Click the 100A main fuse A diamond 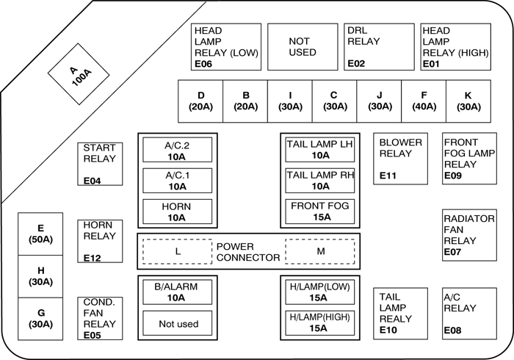[79, 76]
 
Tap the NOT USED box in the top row [302, 47]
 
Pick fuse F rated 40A [424, 101]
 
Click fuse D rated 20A [200, 101]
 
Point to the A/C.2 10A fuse [177, 151]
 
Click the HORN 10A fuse [177, 212]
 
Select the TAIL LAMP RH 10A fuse [320, 181]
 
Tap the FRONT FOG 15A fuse [320, 212]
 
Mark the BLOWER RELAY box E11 [401, 158]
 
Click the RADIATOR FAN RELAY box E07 [468, 235]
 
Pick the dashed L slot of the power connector [177, 251]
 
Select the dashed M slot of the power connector [320, 251]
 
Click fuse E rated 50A [40, 234]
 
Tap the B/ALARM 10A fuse [177, 292]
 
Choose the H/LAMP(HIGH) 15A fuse [320, 323]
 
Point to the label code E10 [388, 331]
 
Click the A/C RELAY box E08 [468, 312]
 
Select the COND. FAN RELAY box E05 [99, 318]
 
